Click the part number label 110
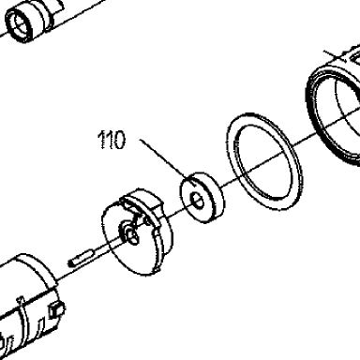[112, 140]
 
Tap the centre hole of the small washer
[198, 201]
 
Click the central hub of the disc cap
[130, 234]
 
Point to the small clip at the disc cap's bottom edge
[157, 268]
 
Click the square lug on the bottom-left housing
[56, 308]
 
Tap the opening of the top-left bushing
[20, 23]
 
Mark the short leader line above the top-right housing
[335, 55]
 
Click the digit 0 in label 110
[120, 140]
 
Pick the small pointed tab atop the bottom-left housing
[21, 300]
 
